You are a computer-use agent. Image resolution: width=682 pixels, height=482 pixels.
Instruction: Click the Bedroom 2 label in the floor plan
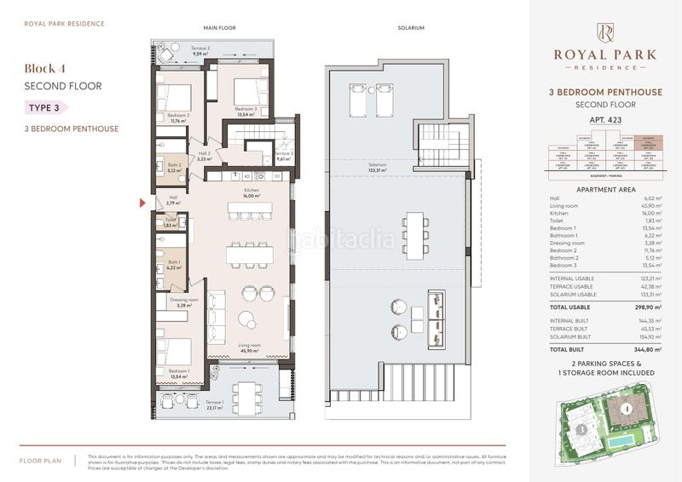[x=179, y=118]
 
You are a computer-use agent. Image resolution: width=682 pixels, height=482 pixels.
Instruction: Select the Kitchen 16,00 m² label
[x=251, y=192]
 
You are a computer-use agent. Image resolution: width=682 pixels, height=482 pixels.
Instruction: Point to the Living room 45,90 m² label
[x=249, y=347]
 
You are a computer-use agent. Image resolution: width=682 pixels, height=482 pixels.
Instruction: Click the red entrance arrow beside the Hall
[x=143, y=203]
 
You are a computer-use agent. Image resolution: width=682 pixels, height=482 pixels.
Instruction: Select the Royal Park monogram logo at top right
[x=605, y=32]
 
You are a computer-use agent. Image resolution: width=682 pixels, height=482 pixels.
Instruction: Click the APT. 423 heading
[x=605, y=120]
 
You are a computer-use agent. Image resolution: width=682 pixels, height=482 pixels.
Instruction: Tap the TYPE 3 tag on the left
[x=42, y=107]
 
